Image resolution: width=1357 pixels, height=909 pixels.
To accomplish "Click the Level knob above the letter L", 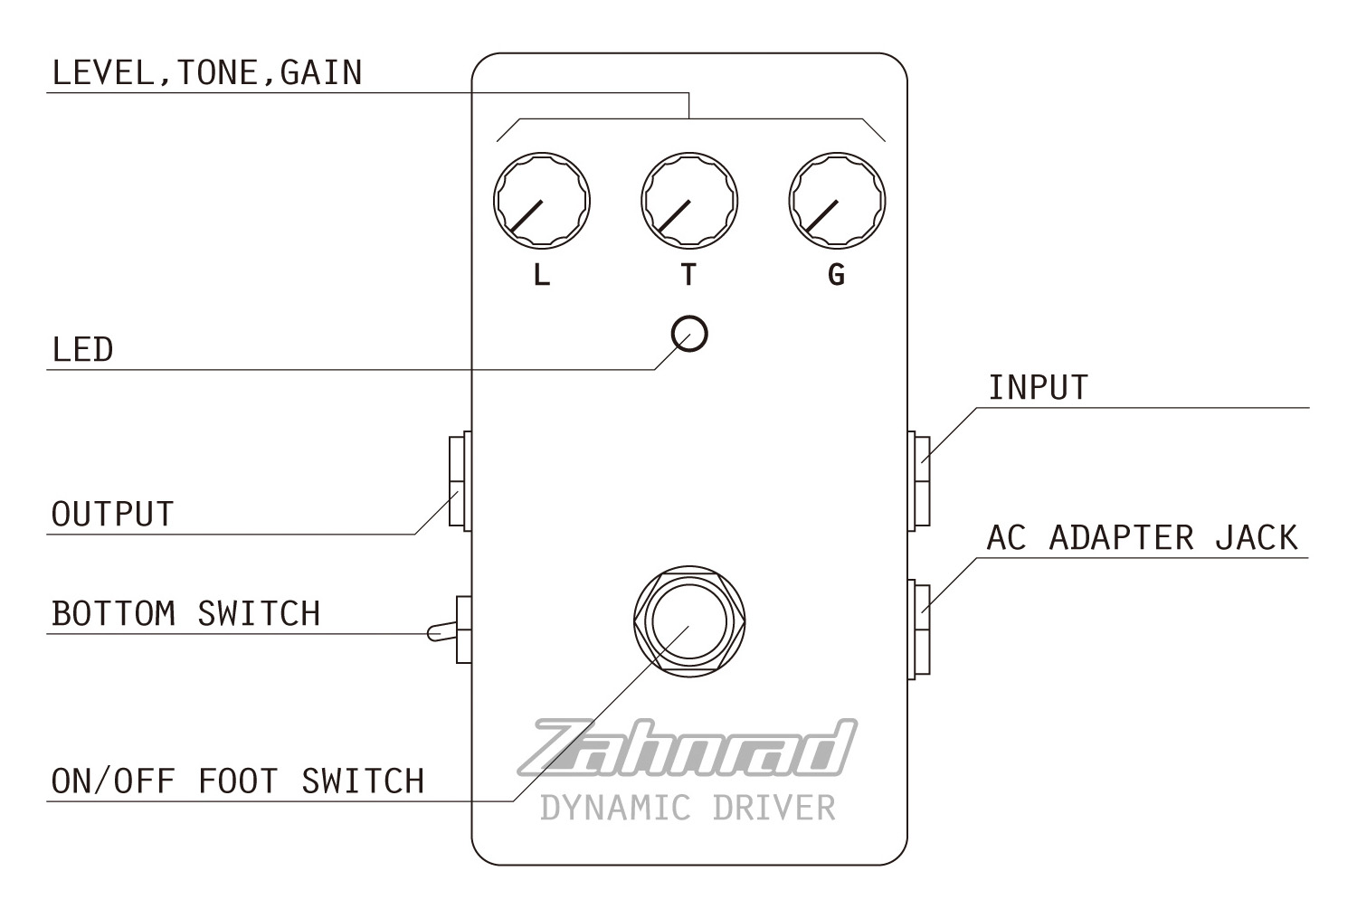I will [x=541, y=200].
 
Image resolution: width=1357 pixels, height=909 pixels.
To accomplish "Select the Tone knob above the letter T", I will [x=688, y=200].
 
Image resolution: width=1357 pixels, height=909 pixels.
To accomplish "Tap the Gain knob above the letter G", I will [x=837, y=200].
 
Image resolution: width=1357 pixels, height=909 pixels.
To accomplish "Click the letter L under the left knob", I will [x=541, y=274].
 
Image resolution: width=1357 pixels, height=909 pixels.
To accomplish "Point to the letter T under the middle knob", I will [x=688, y=274].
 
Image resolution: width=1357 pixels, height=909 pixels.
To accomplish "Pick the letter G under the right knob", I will [x=837, y=274].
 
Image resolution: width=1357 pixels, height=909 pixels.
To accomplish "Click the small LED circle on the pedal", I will [x=689, y=334].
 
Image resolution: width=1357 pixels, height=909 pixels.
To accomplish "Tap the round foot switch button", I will [x=689, y=619].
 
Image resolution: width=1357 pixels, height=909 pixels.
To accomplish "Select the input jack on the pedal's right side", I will [x=918, y=480].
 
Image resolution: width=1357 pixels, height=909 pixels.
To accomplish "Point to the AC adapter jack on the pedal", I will [x=918, y=630].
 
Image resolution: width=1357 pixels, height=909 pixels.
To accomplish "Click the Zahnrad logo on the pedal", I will [x=688, y=749].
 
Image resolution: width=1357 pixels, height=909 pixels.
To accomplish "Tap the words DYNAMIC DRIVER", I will [x=688, y=807].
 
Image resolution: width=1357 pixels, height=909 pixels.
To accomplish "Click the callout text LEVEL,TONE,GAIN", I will [x=207, y=73].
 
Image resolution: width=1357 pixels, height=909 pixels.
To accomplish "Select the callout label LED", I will [x=82, y=350].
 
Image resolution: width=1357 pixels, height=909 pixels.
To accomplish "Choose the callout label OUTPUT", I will [x=112, y=515].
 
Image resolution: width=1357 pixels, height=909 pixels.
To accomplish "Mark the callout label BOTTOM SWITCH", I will [x=185, y=614].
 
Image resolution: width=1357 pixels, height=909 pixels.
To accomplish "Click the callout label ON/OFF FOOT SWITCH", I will [x=237, y=781].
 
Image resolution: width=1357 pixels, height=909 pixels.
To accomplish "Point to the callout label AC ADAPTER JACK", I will [x=1142, y=538].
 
